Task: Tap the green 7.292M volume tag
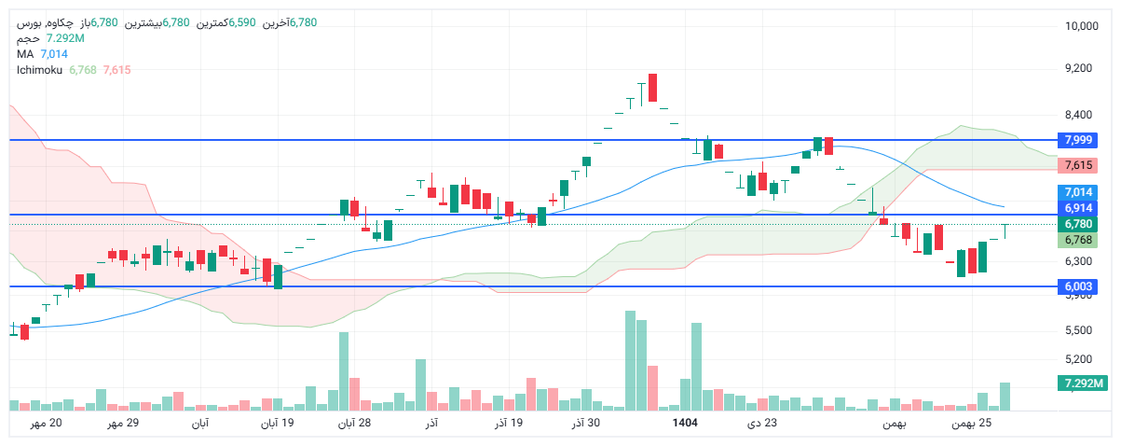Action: point(1081,383)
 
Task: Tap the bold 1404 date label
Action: point(685,425)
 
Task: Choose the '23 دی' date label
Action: point(762,425)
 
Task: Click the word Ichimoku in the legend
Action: point(39,69)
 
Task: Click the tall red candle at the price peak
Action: point(653,88)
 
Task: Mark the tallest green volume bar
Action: point(630,360)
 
